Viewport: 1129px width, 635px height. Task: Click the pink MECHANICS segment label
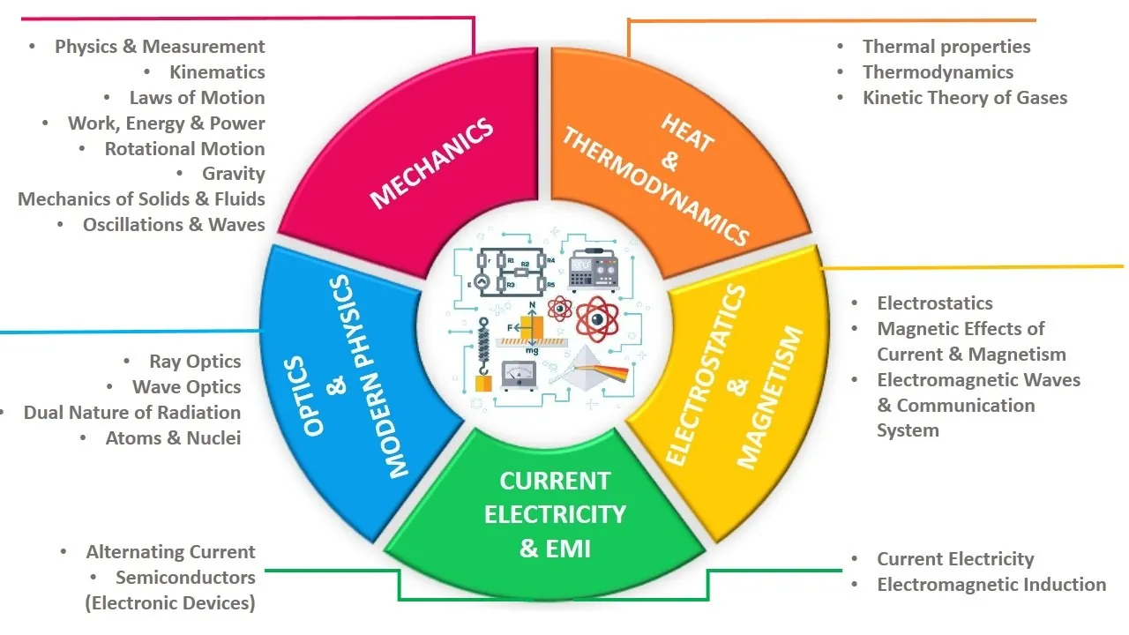[430, 165]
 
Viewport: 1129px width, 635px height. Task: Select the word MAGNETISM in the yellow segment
[770, 398]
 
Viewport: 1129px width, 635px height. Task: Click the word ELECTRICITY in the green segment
[555, 514]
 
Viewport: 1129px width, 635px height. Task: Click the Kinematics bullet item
[217, 72]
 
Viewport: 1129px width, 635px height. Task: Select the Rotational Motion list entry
[184, 149]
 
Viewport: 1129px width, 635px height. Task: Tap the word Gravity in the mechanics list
[233, 174]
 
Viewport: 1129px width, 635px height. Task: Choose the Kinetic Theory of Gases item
[965, 98]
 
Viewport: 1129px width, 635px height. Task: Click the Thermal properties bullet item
[946, 47]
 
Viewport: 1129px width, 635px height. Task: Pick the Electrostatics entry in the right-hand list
[935, 303]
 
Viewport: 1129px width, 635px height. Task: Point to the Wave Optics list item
[186, 387]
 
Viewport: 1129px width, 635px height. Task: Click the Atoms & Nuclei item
[173, 438]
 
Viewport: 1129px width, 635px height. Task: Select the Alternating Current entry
[170, 552]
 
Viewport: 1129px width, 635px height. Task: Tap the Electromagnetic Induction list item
[991, 585]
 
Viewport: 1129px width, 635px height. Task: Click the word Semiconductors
[185, 578]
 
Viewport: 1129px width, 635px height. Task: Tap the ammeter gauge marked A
[519, 377]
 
